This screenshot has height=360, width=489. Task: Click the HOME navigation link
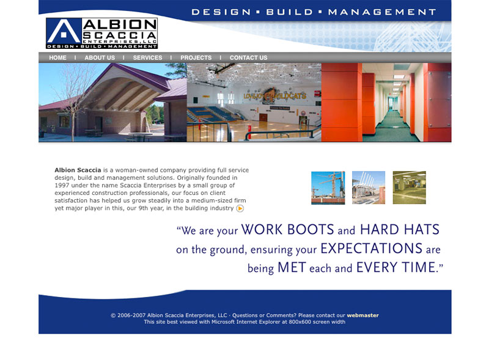point(57,57)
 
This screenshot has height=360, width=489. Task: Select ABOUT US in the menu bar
point(100,57)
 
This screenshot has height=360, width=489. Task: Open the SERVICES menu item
point(147,57)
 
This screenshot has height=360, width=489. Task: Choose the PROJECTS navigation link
point(196,57)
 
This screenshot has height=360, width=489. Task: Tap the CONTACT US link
point(249,57)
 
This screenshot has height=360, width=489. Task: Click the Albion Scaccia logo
point(101,33)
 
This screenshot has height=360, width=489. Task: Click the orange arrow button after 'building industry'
point(240,208)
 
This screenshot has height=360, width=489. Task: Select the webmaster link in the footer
point(362,315)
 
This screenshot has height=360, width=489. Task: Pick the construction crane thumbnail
point(328,188)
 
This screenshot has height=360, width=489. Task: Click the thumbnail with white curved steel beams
point(369,188)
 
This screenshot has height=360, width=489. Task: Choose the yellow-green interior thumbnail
point(409,188)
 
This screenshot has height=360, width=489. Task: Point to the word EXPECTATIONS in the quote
point(371,249)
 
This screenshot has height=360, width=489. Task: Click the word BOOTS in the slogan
point(311,230)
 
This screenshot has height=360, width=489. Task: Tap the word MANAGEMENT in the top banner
point(382,12)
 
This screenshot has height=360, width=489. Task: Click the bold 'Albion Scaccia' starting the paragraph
point(78,170)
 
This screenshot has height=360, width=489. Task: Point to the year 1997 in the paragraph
point(62,185)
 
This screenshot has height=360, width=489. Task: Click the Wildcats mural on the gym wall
point(274,95)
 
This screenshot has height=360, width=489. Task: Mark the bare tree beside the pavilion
point(72,100)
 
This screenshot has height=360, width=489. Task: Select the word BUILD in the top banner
point(289,12)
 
